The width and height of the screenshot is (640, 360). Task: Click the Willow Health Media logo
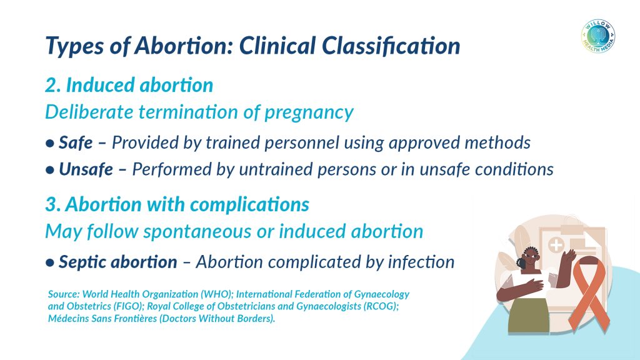pos(598,36)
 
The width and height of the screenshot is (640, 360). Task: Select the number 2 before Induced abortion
pos(51,85)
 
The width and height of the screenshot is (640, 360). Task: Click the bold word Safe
pos(76,142)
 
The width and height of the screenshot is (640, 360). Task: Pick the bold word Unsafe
pos(86,169)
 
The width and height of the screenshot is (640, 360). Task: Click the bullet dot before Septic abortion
pos(50,262)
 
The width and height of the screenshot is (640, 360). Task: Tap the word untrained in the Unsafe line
pos(276,169)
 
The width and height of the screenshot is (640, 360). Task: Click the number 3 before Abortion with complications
pos(51,204)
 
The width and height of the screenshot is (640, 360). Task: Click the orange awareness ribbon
pos(590,292)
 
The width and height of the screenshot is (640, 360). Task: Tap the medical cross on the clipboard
pos(556,245)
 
